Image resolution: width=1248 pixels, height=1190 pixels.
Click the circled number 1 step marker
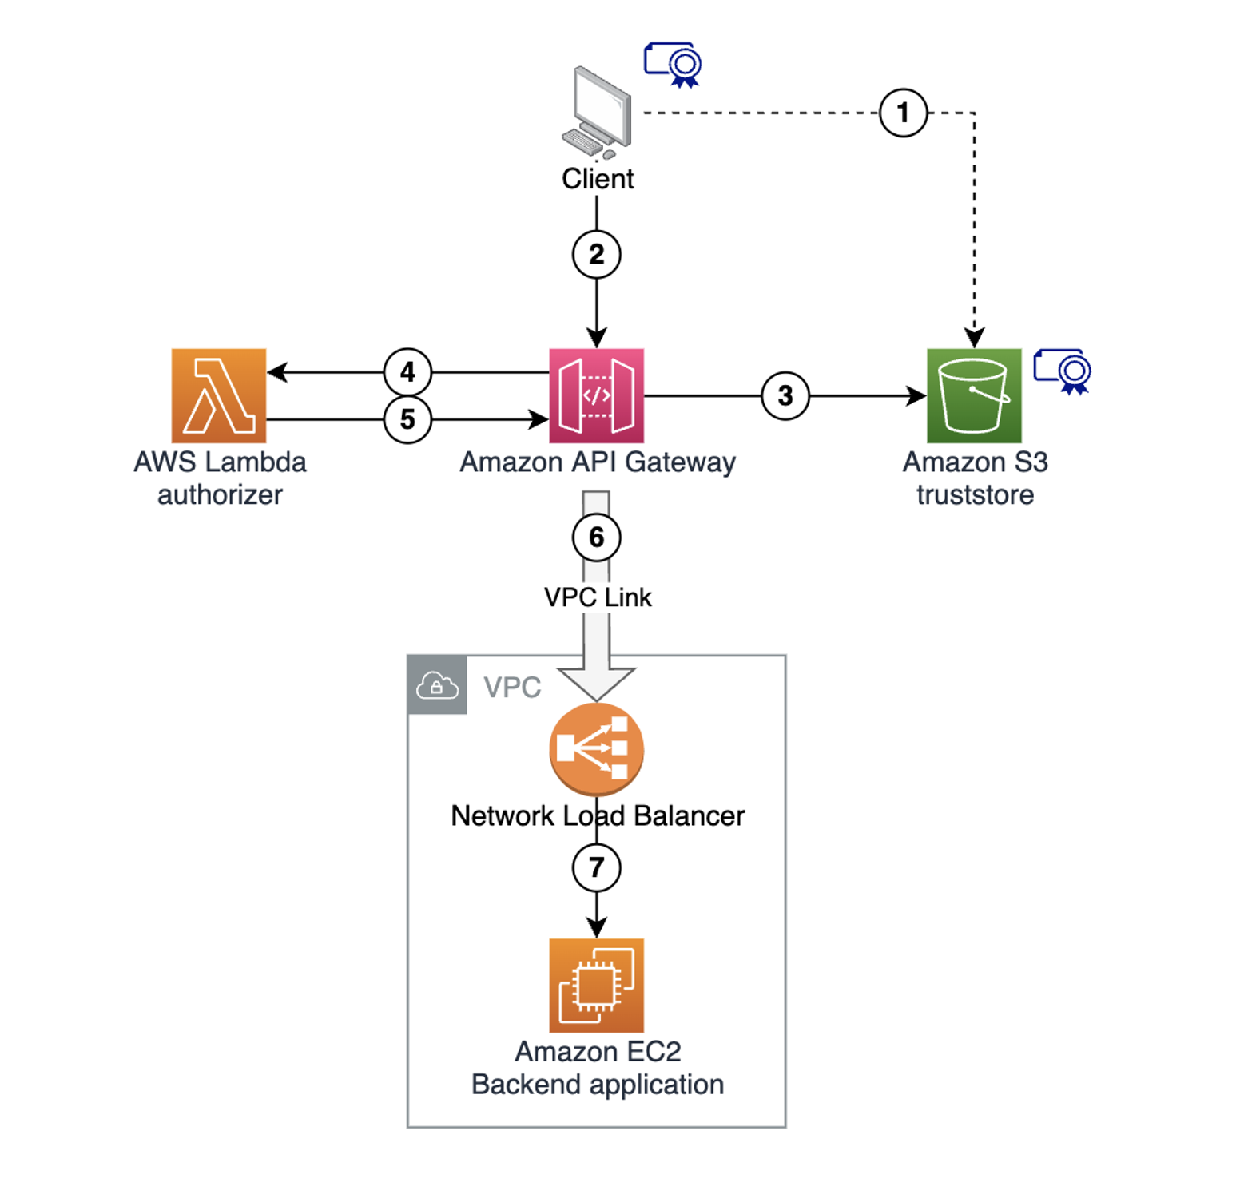(x=903, y=113)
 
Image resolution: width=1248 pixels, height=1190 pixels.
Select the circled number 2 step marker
(x=596, y=254)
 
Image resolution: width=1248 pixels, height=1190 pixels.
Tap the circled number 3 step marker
(x=785, y=395)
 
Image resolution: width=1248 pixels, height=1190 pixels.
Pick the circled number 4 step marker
(x=407, y=372)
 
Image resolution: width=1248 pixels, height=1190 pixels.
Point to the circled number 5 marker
(x=407, y=419)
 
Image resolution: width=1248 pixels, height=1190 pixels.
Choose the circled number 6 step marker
(x=596, y=537)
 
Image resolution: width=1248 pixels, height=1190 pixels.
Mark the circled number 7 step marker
(x=596, y=867)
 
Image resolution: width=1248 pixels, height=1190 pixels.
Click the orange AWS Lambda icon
(x=219, y=395)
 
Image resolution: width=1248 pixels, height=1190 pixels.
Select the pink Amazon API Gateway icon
(x=596, y=395)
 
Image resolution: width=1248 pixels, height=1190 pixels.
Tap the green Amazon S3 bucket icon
(x=974, y=395)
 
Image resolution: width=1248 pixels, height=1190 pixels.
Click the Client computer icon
(x=598, y=113)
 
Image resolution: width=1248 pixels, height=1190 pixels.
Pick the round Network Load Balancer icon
(x=596, y=749)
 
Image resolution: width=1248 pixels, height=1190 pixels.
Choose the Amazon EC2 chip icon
(x=596, y=986)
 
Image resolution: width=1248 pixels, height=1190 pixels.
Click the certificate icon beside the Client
(x=674, y=64)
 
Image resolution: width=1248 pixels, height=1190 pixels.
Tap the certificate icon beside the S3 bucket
(x=1063, y=371)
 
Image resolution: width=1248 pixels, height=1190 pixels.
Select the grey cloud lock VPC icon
(x=437, y=685)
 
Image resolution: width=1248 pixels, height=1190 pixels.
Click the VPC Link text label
(x=598, y=597)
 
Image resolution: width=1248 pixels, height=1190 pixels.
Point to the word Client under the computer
(x=598, y=179)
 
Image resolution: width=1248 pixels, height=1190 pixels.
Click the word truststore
(x=975, y=495)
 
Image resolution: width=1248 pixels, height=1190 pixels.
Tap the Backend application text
(x=598, y=1085)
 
